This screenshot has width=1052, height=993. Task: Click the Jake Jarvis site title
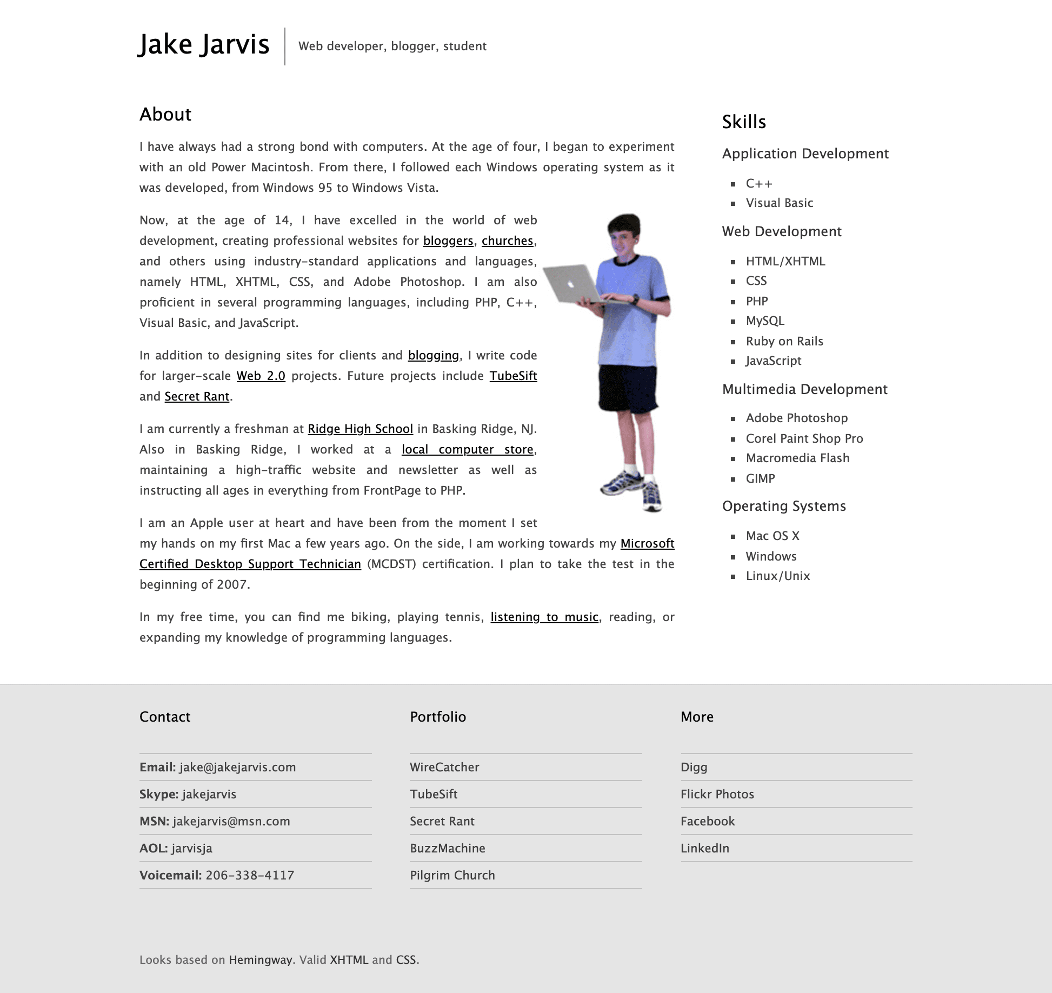[x=203, y=44]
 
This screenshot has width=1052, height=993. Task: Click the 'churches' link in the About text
[x=507, y=241]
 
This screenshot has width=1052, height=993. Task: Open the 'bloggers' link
[x=448, y=241]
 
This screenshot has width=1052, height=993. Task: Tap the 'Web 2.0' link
[x=261, y=376]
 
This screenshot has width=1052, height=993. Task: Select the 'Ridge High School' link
[x=360, y=429]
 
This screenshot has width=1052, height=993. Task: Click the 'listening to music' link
[x=544, y=617]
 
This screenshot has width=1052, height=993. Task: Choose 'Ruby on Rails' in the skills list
[x=784, y=341]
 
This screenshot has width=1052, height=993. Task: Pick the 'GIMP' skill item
[x=760, y=478]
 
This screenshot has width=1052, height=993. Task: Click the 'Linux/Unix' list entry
[x=777, y=576]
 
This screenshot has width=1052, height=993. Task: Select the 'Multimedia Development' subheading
[x=804, y=389]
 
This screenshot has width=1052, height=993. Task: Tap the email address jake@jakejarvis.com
[x=237, y=767]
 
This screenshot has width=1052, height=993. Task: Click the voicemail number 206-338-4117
[x=250, y=875]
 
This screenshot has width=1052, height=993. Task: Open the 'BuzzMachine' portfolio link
[x=447, y=848]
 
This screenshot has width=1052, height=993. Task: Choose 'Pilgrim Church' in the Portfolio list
[x=452, y=875]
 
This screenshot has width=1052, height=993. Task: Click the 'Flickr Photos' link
[x=717, y=794]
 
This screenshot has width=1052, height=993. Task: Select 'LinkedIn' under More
[x=704, y=848]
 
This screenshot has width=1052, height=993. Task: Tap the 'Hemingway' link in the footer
[x=260, y=959]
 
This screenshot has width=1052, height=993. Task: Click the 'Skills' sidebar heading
[x=744, y=122]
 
